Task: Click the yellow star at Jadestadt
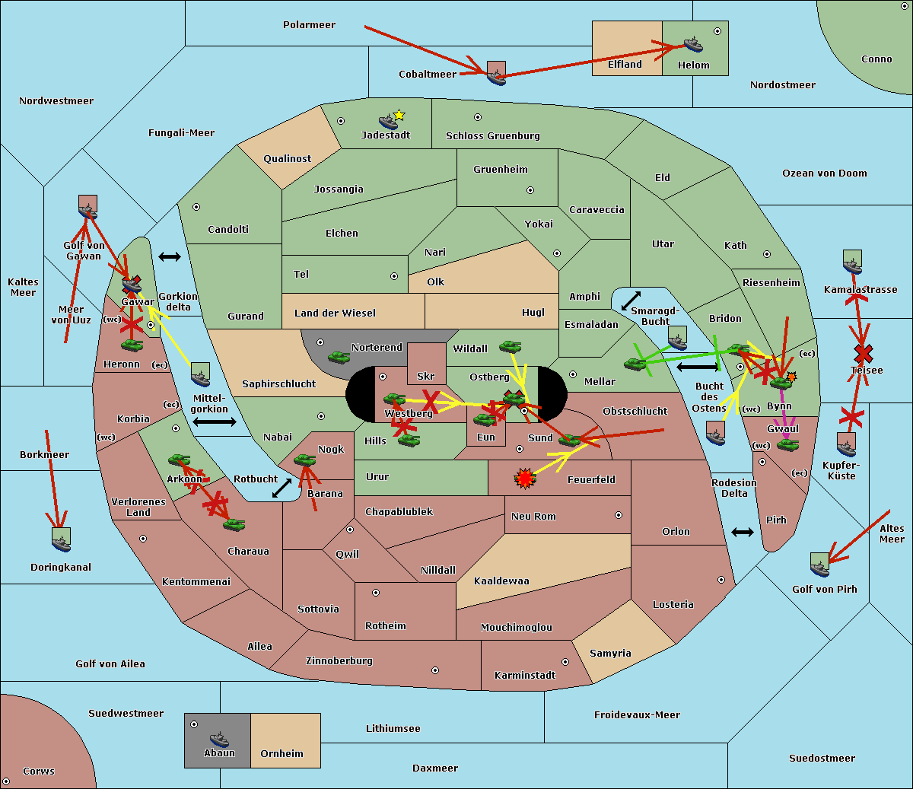pos(399,116)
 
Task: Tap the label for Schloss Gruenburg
pos(492,136)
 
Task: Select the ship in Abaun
pos(219,739)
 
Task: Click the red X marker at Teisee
pos(863,353)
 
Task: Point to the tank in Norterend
pos(339,356)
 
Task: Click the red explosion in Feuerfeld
pos(524,478)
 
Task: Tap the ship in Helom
pos(692,44)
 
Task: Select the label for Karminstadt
pos(525,676)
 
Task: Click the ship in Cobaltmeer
pos(496,75)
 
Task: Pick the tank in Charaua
pos(234,524)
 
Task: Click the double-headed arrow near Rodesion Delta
pos(743,532)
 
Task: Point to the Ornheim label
pos(282,754)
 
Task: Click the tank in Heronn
pos(132,345)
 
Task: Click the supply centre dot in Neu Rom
pos(619,515)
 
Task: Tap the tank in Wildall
pos(510,346)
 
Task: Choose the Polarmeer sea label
pos(309,25)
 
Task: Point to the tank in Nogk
pos(304,460)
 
